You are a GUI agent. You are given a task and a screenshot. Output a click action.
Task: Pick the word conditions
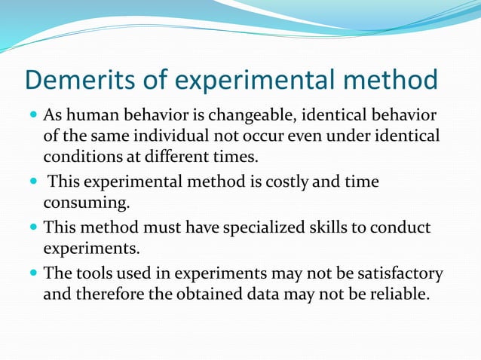coord(79,157)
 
